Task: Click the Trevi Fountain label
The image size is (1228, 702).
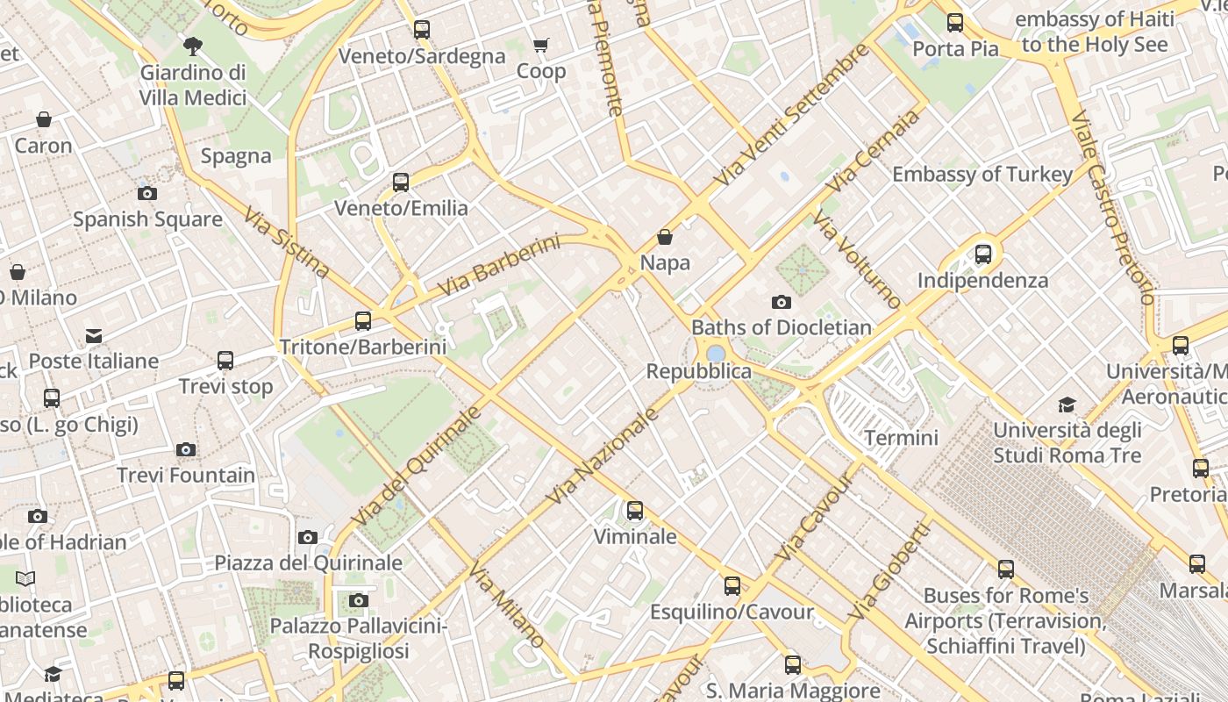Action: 186,476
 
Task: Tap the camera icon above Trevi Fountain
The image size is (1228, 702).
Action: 185,450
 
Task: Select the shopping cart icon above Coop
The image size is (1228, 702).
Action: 541,45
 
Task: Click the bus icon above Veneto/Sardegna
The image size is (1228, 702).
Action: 422,30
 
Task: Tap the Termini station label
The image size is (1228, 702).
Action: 901,437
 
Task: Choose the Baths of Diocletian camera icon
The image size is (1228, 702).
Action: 781,303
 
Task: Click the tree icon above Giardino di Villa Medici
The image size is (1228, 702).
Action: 193,46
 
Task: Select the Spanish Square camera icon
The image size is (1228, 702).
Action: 147,194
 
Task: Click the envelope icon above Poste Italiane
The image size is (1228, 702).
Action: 94,336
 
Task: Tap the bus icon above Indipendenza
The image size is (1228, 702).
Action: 983,254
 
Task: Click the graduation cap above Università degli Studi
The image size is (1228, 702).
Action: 1067,405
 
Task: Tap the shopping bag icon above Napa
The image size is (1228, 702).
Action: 665,237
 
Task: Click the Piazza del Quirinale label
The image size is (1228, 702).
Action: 309,562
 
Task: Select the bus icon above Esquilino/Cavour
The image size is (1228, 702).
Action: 732,586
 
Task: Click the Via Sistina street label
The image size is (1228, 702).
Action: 286,243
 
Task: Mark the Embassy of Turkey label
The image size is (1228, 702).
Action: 982,174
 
